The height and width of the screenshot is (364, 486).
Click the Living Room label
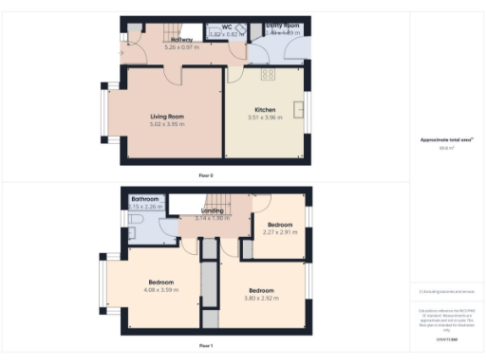[167, 117]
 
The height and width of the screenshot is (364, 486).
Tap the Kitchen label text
[265, 110]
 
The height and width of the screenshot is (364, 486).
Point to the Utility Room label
[282, 26]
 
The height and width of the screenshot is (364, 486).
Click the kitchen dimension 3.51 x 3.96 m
[266, 118]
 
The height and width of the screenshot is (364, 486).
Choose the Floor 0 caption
[206, 175]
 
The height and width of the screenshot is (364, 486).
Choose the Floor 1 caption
[206, 346]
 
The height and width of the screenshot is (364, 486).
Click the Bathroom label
[145, 199]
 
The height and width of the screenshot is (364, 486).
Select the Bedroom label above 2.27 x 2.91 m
[279, 225]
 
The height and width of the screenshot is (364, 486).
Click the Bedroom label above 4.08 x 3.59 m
[160, 282]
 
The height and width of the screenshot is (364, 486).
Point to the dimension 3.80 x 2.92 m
[262, 298]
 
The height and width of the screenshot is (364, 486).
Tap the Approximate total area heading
[445, 140]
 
